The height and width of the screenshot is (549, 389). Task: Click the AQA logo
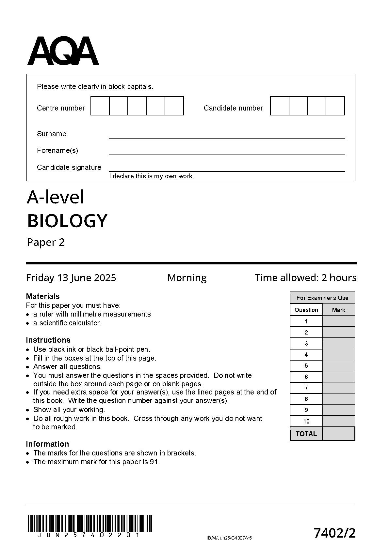click(x=63, y=51)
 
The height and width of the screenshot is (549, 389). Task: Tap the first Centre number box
click(x=100, y=106)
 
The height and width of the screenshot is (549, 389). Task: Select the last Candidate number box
click(x=335, y=106)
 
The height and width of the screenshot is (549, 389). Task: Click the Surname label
click(x=52, y=134)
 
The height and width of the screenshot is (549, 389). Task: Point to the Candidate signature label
click(x=69, y=168)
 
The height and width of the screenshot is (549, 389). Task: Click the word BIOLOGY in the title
click(x=67, y=221)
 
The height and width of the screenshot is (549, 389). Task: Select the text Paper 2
click(x=46, y=242)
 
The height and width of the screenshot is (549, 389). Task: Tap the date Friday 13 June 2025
click(x=71, y=278)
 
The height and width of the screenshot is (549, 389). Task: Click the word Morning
click(x=187, y=278)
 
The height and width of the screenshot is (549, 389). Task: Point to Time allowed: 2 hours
click(x=305, y=278)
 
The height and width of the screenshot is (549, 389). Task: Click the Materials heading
click(x=43, y=296)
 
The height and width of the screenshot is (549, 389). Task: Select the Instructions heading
click(x=48, y=340)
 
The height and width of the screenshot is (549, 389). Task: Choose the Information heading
click(x=47, y=444)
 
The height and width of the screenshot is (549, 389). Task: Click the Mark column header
click(x=338, y=310)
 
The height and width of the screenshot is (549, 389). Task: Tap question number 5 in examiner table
click(x=306, y=366)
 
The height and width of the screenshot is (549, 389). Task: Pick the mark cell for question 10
click(x=338, y=421)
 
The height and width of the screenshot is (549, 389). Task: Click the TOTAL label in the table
click(x=306, y=434)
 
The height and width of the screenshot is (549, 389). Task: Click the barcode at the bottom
click(x=90, y=524)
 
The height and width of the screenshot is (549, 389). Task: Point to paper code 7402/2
click(x=334, y=533)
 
